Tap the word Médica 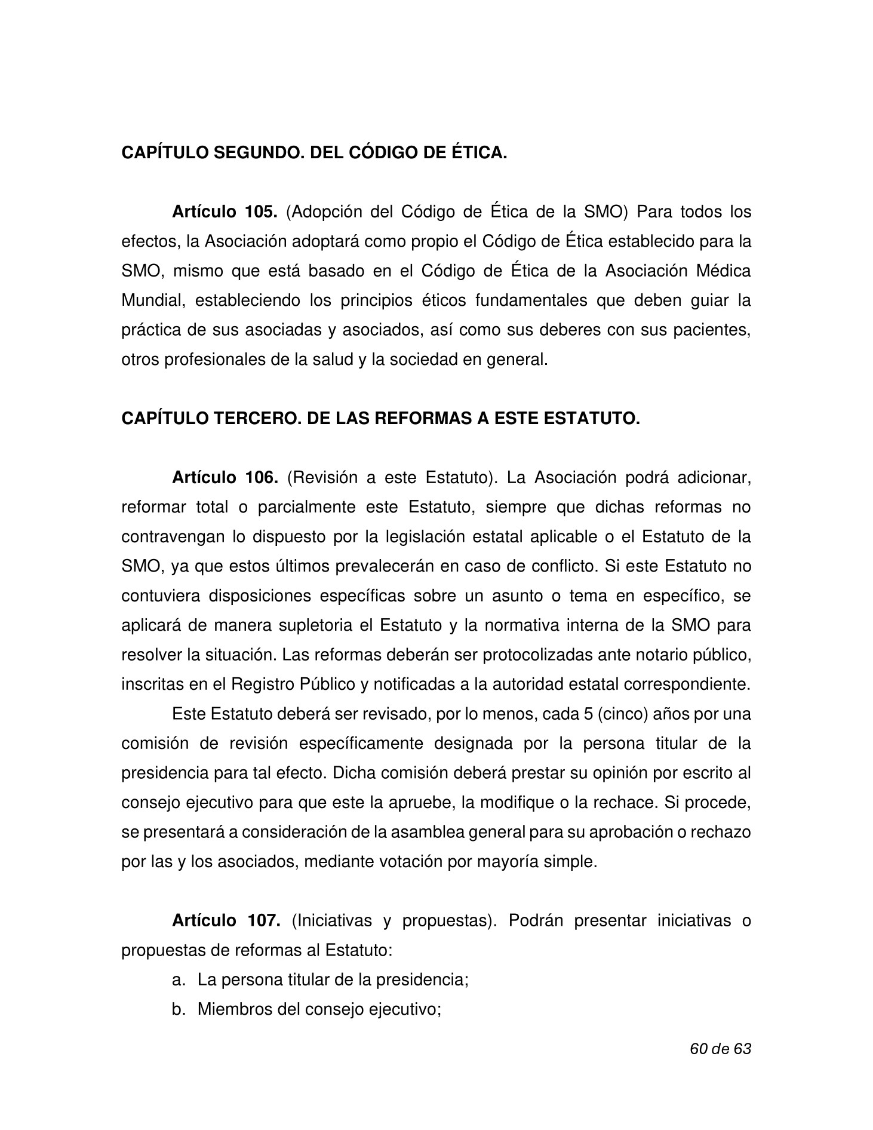723,272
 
